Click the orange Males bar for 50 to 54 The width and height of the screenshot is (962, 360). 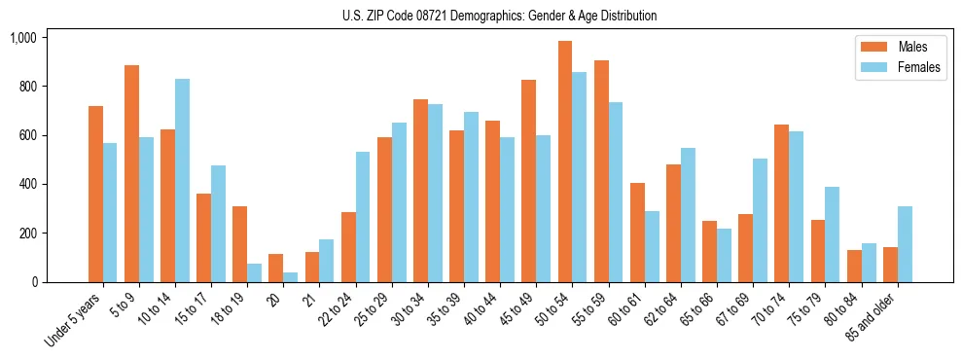[x=564, y=162]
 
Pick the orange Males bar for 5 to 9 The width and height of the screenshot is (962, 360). [x=131, y=173]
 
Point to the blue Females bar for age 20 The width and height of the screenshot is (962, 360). [x=291, y=277]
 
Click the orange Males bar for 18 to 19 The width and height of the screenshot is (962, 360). [x=239, y=244]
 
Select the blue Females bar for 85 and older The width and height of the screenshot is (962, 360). [x=905, y=244]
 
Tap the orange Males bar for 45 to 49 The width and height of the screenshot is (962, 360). [x=528, y=181]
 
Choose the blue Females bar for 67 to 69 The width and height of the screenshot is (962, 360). [x=760, y=220]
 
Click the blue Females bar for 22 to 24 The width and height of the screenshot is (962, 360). [x=363, y=217]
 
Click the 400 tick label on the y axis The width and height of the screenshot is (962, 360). [x=26, y=185]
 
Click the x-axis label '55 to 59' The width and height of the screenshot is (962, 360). [x=589, y=310]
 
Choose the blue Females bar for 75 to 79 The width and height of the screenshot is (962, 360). [x=832, y=234]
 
